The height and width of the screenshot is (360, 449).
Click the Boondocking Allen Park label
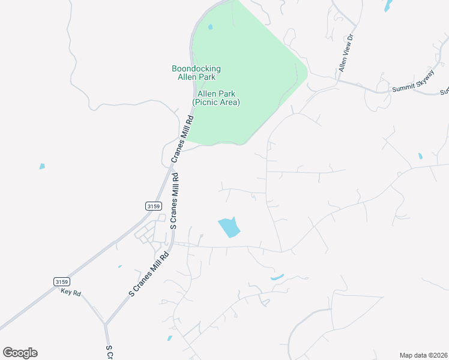[196, 73]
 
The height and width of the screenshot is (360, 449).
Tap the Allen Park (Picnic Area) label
[216, 98]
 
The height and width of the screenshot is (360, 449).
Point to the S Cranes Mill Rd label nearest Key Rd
[149, 274]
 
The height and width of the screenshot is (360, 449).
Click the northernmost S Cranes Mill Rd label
[175, 201]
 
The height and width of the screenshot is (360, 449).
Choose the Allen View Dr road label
[348, 53]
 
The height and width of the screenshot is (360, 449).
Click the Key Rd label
[70, 292]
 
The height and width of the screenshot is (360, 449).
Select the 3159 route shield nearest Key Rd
[61, 281]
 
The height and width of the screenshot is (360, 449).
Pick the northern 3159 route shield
[153, 206]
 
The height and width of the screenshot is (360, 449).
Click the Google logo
[20, 353]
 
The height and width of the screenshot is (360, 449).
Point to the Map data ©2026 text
[423, 355]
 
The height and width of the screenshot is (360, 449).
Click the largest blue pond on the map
[229, 227]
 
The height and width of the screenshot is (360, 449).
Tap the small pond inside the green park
[210, 27]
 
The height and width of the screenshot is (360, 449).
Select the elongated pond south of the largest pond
[277, 277]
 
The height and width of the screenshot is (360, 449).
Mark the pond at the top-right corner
[388, 5]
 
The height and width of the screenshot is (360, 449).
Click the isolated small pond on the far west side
[42, 166]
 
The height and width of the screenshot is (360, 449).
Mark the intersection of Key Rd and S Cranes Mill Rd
[105, 325]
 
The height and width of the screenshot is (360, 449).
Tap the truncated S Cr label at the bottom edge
[110, 352]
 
